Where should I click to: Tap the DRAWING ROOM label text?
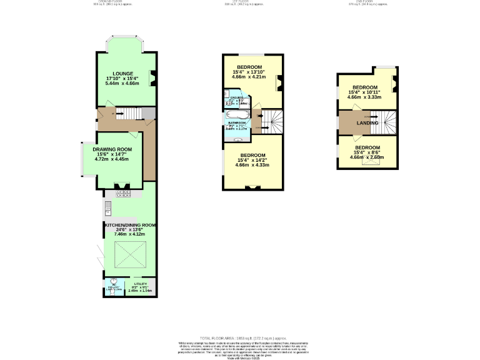click(x=112, y=149)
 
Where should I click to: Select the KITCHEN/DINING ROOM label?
click(x=131, y=224)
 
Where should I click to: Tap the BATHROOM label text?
click(x=236, y=123)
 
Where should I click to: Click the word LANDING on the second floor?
click(x=367, y=123)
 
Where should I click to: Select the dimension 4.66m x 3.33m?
click(x=365, y=97)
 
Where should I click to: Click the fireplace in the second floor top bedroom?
click(x=396, y=82)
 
